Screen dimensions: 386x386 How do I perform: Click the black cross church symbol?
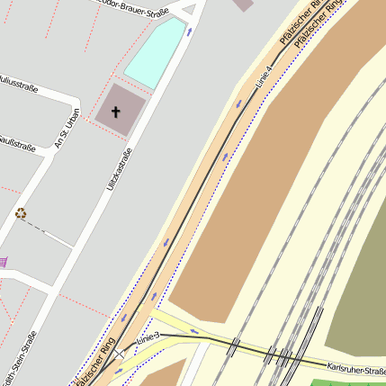(x=115, y=112)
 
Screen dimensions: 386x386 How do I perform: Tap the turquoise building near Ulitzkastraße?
(x=154, y=53)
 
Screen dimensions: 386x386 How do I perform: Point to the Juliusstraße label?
(x=18, y=86)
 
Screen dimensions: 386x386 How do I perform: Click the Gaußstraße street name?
(x=18, y=143)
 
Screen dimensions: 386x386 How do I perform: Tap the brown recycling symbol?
(x=21, y=213)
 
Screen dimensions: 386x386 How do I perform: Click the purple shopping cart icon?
(x=4, y=262)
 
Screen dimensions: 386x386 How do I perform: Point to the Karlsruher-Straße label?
(x=356, y=368)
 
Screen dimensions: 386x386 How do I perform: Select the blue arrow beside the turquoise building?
(x=190, y=31)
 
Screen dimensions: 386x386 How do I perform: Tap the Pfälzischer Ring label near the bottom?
(x=95, y=360)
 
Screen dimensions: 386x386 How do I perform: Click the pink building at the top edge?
(x=243, y=4)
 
